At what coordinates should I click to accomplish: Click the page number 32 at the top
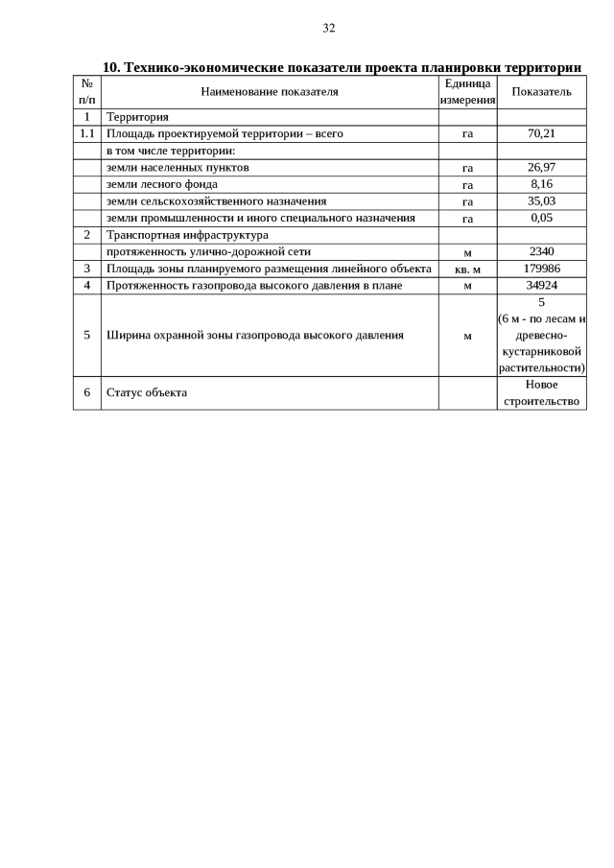329,28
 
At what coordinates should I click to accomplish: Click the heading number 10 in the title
109,67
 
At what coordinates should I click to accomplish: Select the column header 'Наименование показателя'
270,92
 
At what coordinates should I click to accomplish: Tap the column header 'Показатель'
541,92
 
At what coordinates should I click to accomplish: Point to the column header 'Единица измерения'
467,92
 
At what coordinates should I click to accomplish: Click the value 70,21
541,134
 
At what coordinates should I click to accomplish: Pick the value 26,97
541,168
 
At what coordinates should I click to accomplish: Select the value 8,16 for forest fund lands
541,184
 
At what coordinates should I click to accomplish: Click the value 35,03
541,201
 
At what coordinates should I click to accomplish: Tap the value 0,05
541,218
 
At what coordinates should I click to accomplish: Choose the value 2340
541,251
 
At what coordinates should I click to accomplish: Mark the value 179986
541,269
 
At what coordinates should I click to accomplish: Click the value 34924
541,285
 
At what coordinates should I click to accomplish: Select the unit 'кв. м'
467,270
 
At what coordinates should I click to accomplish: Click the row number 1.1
86,134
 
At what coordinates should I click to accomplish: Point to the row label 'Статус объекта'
147,392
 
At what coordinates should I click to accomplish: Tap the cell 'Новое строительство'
541,392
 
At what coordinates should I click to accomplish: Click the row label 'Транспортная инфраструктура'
187,235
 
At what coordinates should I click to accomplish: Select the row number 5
86,335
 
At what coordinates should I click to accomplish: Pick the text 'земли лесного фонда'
162,184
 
